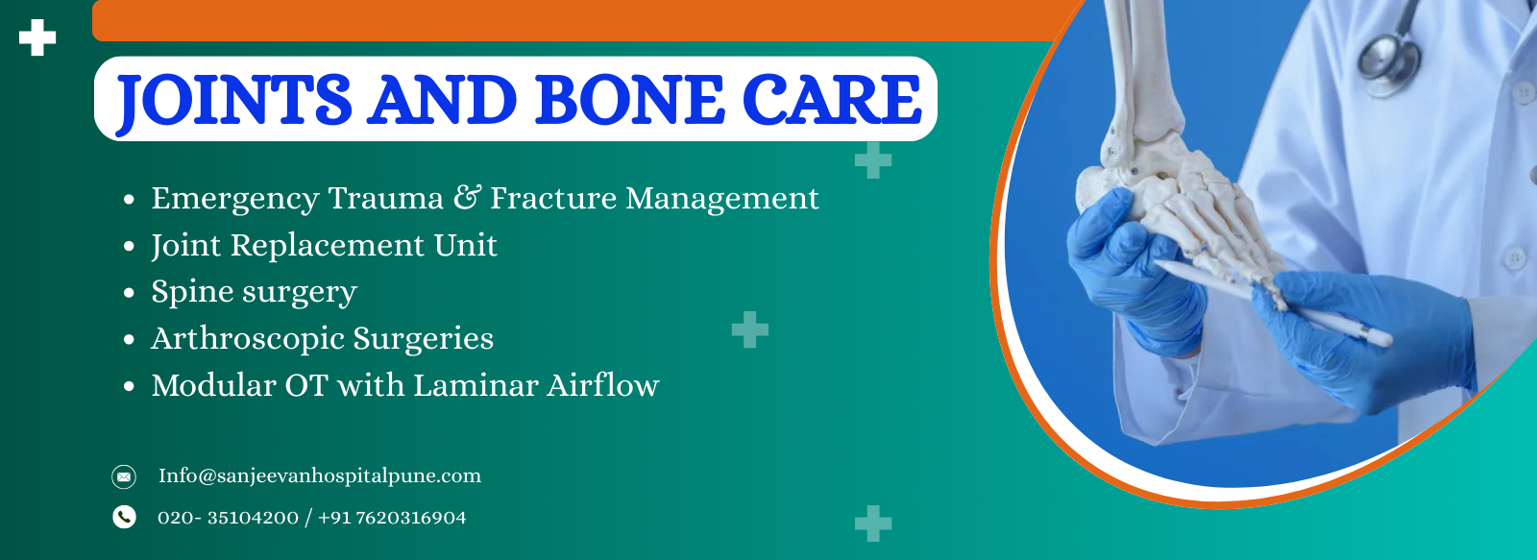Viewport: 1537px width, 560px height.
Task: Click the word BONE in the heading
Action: pyautogui.click(x=628, y=100)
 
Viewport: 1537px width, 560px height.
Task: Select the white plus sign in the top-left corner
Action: pyautogui.click(x=37, y=37)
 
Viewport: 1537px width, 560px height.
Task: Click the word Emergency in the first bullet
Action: pyautogui.click(x=234, y=199)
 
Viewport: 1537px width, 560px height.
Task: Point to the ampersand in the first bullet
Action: pyautogui.click(x=467, y=197)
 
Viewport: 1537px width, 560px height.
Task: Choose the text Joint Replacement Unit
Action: pyautogui.click(x=324, y=246)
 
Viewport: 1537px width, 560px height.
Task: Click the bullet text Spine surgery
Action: pyautogui.click(x=254, y=292)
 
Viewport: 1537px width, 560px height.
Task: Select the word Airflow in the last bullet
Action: pyautogui.click(x=603, y=385)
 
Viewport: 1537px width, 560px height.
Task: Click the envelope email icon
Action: pyautogui.click(x=124, y=476)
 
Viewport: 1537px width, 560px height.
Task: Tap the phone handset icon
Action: pyautogui.click(x=124, y=518)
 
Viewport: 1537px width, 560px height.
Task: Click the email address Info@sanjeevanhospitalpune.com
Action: pyautogui.click(x=319, y=476)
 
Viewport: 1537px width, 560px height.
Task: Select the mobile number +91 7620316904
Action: pyautogui.click(x=392, y=518)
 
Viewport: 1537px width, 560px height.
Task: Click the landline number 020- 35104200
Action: pyautogui.click(x=228, y=518)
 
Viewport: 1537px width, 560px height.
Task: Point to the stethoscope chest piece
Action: pyautogui.click(x=1389, y=61)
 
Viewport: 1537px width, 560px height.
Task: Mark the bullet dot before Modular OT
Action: pyautogui.click(x=129, y=387)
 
